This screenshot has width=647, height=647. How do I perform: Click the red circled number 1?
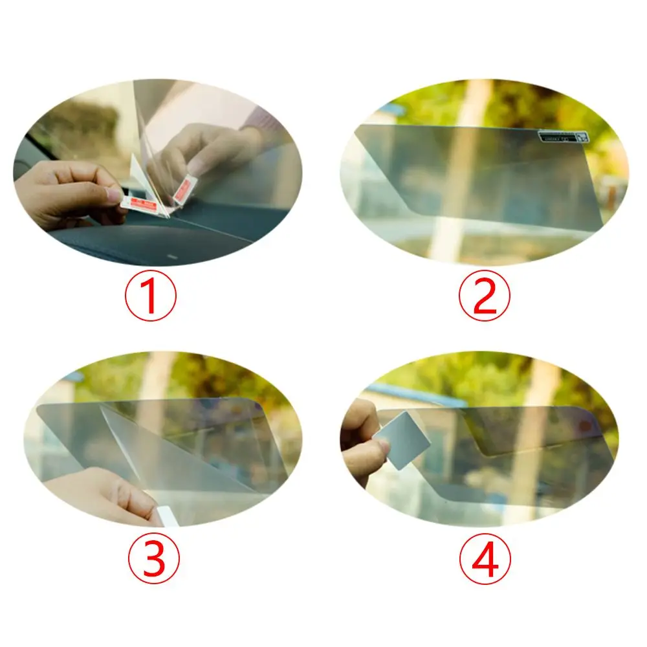[x=149, y=296]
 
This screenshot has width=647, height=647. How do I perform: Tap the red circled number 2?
[x=485, y=296]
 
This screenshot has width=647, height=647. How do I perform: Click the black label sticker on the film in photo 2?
[x=562, y=137]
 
